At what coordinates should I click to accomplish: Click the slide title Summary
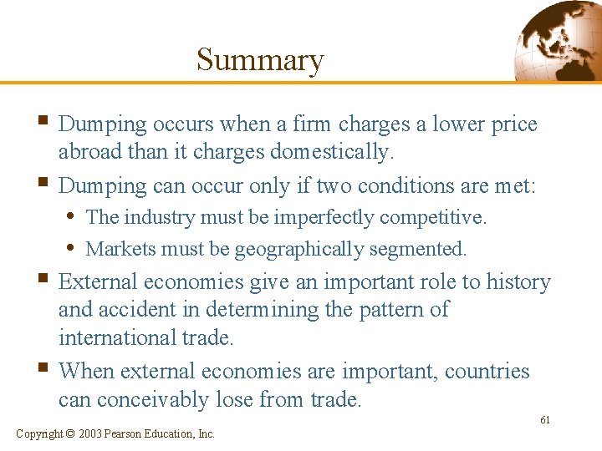259,60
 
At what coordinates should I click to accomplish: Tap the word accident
145,310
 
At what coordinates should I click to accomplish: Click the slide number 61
544,420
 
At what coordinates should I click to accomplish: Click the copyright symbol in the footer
71,433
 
